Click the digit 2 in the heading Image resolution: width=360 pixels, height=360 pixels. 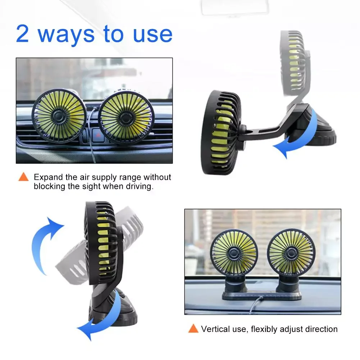coord(23,33)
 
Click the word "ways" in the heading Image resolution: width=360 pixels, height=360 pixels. coord(66,36)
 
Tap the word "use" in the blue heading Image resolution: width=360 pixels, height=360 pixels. coord(152,35)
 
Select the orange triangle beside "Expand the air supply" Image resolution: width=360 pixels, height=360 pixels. coord(23,177)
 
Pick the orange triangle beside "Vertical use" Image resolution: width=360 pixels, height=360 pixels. coord(193,328)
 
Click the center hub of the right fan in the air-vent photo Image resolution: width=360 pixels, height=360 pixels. coord(126,118)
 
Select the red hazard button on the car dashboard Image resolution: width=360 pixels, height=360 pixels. coord(98,135)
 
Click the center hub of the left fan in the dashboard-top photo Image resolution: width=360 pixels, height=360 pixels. coord(233,253)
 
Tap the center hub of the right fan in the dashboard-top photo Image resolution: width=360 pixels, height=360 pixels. coord(291,253)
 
